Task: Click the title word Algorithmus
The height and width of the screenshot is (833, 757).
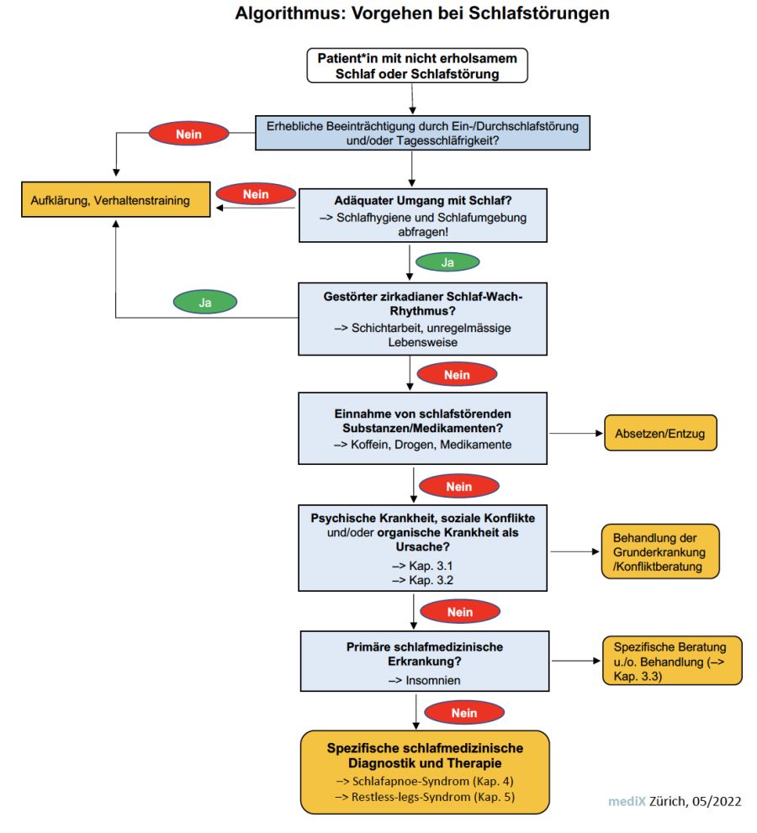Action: pyautogui.click(x=290, y=13)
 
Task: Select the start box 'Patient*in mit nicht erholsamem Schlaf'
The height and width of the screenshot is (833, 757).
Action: pyautogui.click(x=417, y=66)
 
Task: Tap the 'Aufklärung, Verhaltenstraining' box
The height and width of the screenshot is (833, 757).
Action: pyautogui.click(x=116, y=200)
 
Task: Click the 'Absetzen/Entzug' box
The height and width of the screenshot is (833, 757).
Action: pyautogui.click(x=660, y=433)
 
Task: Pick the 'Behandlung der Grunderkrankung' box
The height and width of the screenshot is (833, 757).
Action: pyautogui.click(x=659, y=551)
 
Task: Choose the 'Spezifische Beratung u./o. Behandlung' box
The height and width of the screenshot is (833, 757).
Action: pyautogui.click(x=672, y=661)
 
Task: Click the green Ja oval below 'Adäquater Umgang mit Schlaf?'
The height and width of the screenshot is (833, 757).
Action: pyautogui.click(x=447, y=262)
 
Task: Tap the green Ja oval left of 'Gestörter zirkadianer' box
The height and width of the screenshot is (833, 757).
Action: pyautogui.click(x=205, y=303)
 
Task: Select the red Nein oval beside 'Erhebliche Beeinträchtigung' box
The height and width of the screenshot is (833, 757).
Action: pyautogui.click(x=188, y=134)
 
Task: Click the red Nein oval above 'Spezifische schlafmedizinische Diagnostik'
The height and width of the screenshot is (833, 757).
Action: pyautogui.click(x=464, y=713)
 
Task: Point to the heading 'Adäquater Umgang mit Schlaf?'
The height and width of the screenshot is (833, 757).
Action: pyautogui.click(x=422, y=200)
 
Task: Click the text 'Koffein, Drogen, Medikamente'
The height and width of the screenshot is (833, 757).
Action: pyautogui.click(x=431, y=445)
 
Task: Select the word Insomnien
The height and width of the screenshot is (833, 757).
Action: pyautogui.click(x=433, y=680)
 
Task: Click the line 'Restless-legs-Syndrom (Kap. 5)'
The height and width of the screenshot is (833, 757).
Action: pyautogui.click(x=433, y=796)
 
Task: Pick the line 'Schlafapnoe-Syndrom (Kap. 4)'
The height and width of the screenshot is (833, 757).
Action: pyautogui.click(x=433, y=781)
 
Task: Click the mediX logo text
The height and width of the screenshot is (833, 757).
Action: pyautogui.click(x=627, y=801)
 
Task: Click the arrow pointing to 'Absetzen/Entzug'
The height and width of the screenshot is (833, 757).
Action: pyautogui.click(x=575, y=433)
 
